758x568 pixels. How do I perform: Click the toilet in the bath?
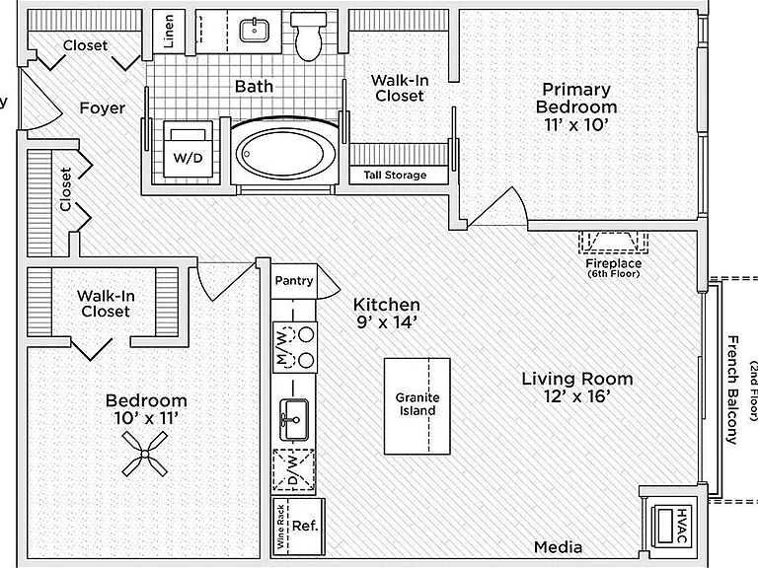308,36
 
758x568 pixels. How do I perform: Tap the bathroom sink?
255,30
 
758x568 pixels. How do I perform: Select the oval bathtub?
284,153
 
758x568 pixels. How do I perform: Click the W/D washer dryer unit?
189,149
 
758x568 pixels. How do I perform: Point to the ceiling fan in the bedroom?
144,454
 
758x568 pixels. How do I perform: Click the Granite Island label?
417,404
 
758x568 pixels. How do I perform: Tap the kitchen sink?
294,419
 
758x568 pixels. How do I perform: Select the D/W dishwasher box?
294,470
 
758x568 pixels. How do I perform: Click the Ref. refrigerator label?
305,526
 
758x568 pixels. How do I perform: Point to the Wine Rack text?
280,527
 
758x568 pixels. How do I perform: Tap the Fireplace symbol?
614,242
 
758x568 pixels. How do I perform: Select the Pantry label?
294,281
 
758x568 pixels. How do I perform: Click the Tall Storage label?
396,175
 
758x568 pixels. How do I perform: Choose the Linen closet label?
169,32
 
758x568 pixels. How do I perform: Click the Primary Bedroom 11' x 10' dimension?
575,125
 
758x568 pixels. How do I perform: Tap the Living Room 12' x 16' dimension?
576,396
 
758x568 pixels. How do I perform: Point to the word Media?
558,547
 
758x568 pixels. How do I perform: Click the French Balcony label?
733,390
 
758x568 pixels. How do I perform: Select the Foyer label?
103,107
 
